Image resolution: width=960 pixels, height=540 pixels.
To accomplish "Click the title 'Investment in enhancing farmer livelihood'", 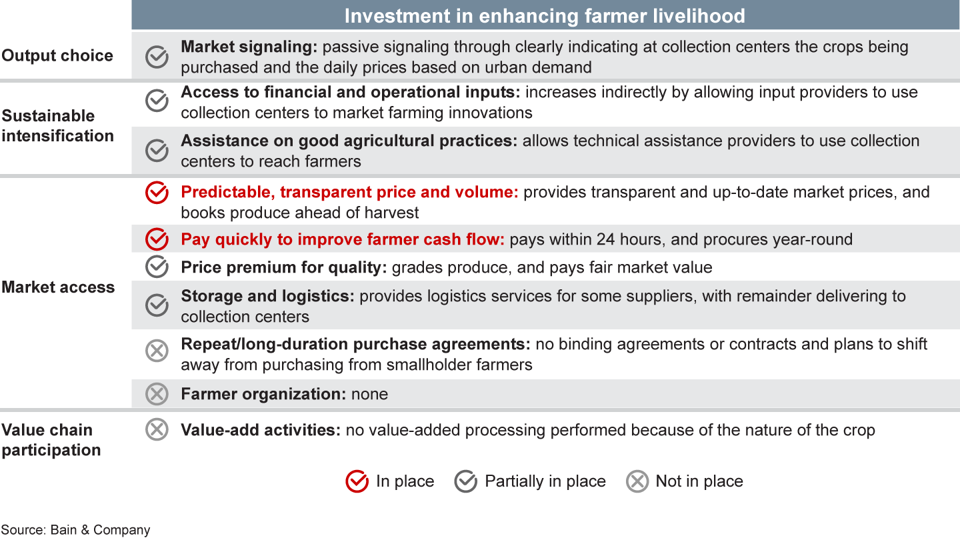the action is point(545,16).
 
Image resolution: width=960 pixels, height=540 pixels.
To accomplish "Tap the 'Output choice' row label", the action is point(57,56).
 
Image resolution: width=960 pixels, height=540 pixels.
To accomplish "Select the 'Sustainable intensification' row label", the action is point(57,125).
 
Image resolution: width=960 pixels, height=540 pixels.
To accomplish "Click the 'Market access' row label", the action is point(58,287).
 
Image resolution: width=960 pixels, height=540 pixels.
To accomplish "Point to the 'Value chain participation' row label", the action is point(51,440).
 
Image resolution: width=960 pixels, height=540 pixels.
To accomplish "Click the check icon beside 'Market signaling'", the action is point(157,57).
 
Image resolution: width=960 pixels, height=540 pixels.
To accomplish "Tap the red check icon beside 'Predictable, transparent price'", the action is point(157,193).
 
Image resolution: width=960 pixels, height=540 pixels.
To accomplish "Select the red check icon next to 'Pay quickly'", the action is point(157,239).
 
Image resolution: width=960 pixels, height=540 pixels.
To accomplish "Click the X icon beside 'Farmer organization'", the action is point(157,394).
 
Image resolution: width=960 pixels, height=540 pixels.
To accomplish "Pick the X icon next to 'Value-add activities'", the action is point(157,429).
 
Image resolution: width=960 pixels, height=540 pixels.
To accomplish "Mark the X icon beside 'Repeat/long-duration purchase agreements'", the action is point(157,351).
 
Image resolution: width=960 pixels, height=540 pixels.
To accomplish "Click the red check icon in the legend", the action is point(357,481).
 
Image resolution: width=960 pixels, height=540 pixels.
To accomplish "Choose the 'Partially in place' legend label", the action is point(545,481).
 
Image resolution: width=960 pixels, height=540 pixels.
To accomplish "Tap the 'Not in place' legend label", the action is point(699,481).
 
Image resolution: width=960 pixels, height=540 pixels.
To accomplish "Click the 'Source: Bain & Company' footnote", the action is point(75,530).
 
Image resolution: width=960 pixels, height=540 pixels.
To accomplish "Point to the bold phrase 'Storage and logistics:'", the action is point(267,296).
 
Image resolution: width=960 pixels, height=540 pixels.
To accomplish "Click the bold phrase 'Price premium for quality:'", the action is point(284,267).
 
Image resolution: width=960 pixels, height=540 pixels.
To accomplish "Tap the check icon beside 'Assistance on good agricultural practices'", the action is point(157,151).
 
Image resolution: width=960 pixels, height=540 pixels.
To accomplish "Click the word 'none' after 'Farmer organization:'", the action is point(369,394).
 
